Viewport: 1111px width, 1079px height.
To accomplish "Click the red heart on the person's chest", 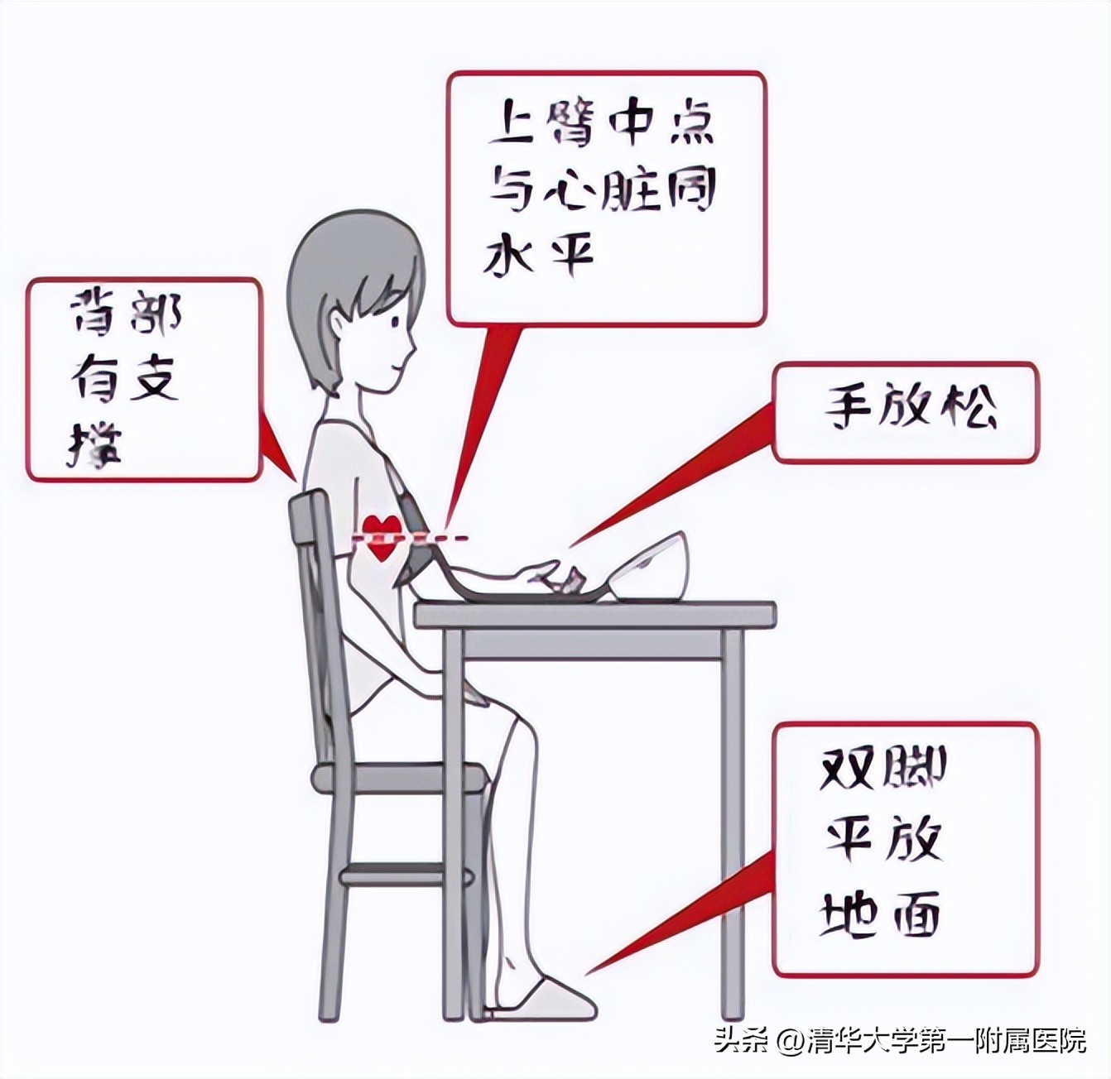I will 381,536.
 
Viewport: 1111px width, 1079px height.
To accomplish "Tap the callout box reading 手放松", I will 904,412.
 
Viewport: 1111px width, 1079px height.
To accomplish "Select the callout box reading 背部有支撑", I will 144,379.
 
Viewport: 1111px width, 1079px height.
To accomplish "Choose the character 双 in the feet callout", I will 846,769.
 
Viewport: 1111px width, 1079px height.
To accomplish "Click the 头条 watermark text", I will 742,1040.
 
